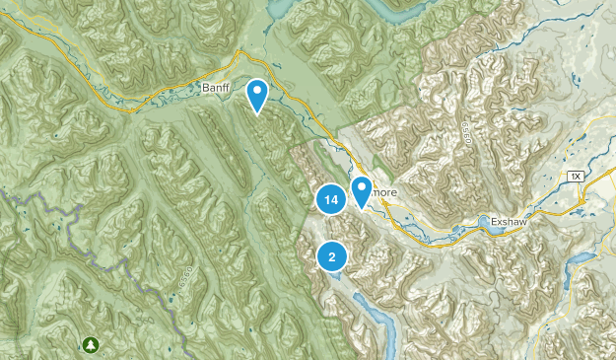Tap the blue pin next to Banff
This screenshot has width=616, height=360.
[257, 95]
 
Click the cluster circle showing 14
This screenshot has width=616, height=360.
[331, 200]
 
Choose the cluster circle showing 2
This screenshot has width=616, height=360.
[332, 257]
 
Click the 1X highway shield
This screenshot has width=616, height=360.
[576, 175]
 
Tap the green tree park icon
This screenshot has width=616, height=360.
[91, 344]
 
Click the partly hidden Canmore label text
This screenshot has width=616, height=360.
[385, 194]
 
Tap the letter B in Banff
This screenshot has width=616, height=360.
[204, 90]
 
